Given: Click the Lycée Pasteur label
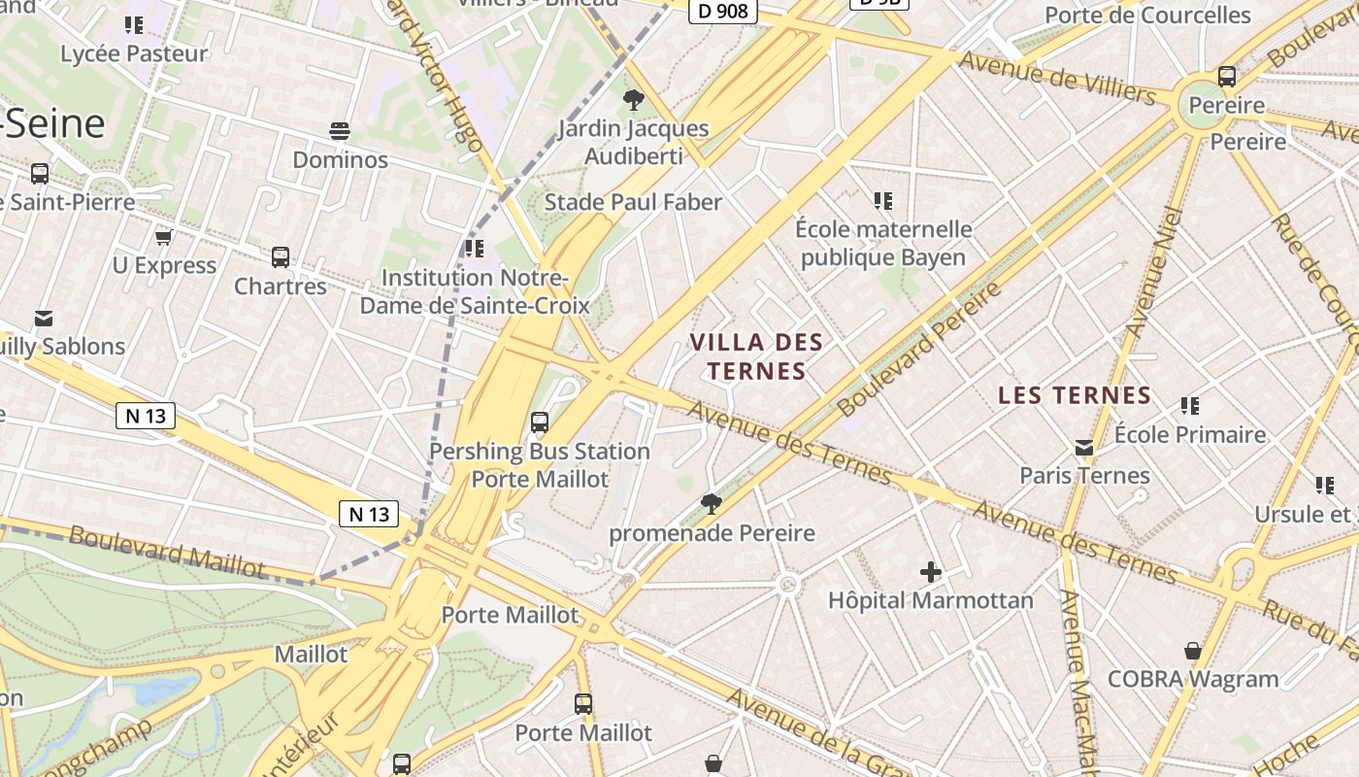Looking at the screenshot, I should point(134,53).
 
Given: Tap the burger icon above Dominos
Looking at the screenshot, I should point(340,130).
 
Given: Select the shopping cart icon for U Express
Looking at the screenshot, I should point(163,237).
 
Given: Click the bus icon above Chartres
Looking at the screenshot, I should point(281,257).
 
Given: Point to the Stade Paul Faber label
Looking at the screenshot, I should point(633,202).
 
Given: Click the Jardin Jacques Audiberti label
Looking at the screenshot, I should point(633,142).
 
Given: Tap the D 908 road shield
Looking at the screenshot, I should point(722,11).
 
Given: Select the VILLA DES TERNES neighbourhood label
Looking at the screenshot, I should point(756,356).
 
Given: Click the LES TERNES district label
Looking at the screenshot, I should point(1075,395).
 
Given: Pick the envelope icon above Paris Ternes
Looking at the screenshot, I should point(1084,448).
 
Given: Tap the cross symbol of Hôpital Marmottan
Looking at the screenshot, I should point(930,572).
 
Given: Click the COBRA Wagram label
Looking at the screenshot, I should point(1193,679).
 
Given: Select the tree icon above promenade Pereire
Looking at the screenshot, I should point(711,503).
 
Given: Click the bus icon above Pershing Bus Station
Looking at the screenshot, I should point(540,422).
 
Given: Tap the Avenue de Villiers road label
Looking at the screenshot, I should point(1056,78).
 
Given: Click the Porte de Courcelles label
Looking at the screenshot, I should point(1147,16).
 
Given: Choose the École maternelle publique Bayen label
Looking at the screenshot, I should point(883,243).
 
